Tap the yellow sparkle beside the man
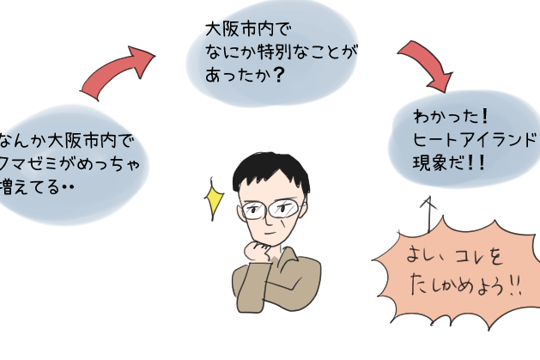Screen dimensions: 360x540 coord(213,200)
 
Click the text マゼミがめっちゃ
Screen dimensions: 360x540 coord(73,162)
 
